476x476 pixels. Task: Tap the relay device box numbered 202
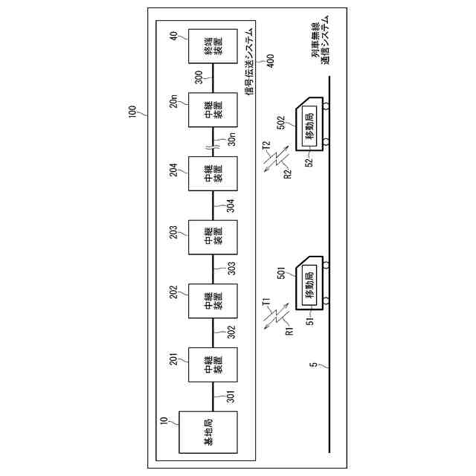coord(213,302)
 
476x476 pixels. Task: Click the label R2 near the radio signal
coord(278,176)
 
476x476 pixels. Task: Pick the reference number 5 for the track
coord(313,365)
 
